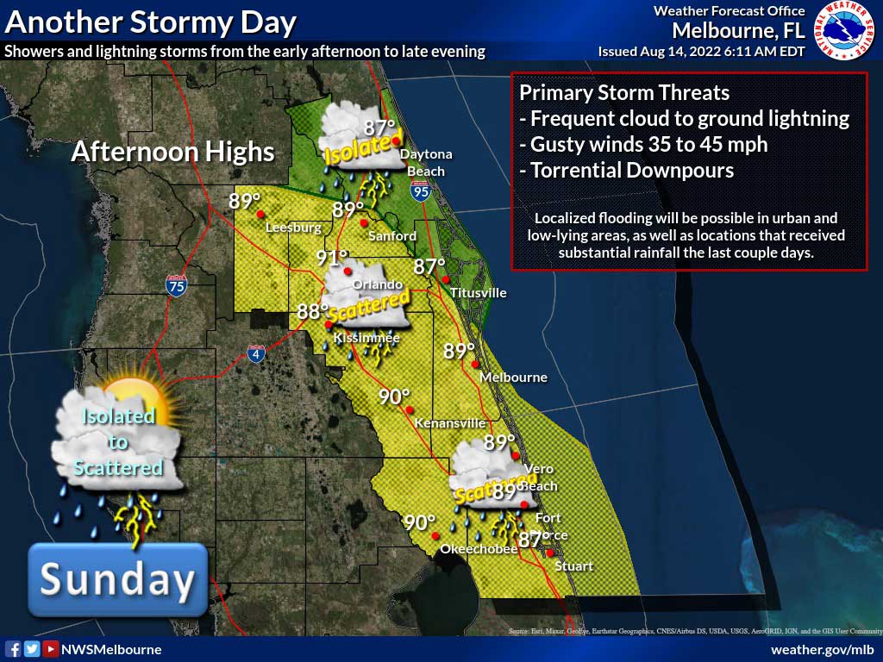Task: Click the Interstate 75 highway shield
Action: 176,285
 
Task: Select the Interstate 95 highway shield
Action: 421,191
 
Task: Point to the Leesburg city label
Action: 293,228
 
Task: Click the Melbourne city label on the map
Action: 513,378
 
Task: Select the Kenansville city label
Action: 449,423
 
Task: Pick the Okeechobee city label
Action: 478,549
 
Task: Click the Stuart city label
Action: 573,565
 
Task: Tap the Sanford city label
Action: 391,235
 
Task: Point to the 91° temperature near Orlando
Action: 331,258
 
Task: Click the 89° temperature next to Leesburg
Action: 245,201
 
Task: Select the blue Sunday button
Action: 117,579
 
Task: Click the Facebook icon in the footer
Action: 13,649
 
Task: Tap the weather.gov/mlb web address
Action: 822,649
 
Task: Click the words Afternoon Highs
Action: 172,153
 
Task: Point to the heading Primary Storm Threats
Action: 624,93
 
